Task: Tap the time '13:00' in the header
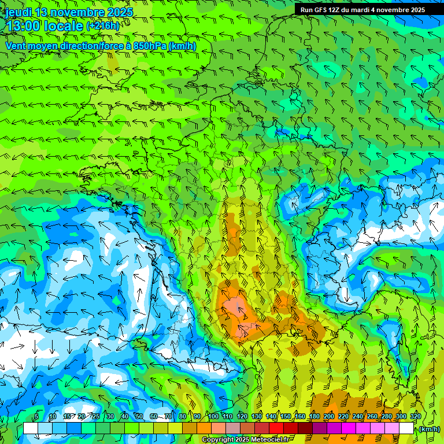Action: click(x=23, y=25)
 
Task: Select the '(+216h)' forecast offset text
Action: click(x=103, y=26)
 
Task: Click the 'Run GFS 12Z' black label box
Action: click(x=362, y=9)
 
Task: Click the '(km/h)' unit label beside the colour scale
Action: click(x=429, y=429)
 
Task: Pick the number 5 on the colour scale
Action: click(x=36, y=417)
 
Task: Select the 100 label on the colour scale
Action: click(x=214, y=417)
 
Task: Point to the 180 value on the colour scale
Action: click(x=314, y=417)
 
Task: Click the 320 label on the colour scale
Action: click(x=416, y=417)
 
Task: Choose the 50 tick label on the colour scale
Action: click(x=139, y=417)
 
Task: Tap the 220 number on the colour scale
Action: click(x=343, y=417)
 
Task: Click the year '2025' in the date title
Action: click(x=119, y=12)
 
